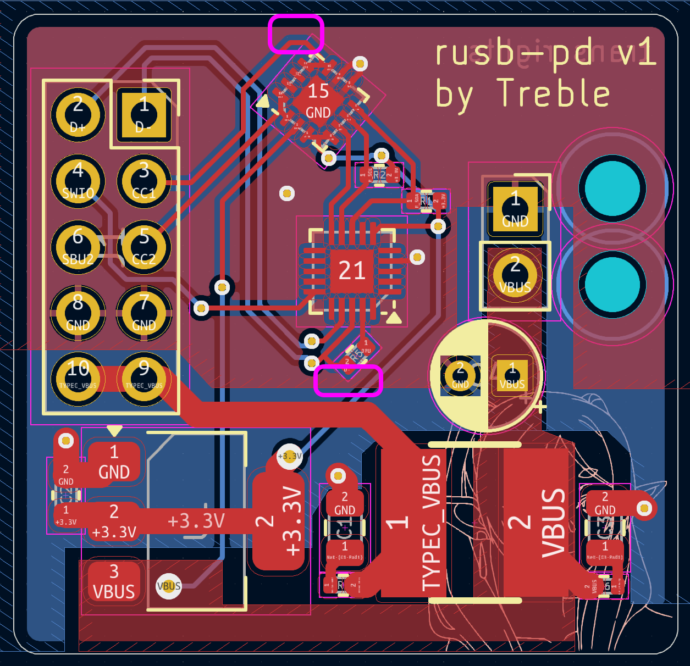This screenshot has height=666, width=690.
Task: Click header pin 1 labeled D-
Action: tap(143, 115)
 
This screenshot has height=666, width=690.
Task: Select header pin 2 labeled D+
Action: tap(78, 115)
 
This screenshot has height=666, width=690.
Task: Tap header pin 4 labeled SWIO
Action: tap(78, 181)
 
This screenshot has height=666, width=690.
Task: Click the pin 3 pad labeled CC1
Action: tap(143, 181)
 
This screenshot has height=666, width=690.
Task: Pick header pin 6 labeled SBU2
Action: tap(78, 247)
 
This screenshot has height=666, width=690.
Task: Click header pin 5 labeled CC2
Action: tap(143, 247)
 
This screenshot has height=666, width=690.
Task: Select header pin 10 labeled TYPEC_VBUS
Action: tap(78, 378)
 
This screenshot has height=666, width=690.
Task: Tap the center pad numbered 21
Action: tap(352, 270)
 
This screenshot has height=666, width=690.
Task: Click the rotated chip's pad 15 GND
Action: tap(318, 101)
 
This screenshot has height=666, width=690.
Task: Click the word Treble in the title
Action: tap(553, 93)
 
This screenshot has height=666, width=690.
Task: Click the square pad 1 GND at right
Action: tap(515, 209)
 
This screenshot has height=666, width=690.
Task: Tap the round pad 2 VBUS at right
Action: tap(515, 275)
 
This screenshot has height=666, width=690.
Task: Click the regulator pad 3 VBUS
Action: tap(114, 581)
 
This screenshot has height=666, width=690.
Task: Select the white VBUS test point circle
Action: tap(169, 586)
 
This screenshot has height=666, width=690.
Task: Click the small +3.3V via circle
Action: tap(290, 456)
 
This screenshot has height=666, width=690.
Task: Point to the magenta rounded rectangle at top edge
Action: tap(296, 34)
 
